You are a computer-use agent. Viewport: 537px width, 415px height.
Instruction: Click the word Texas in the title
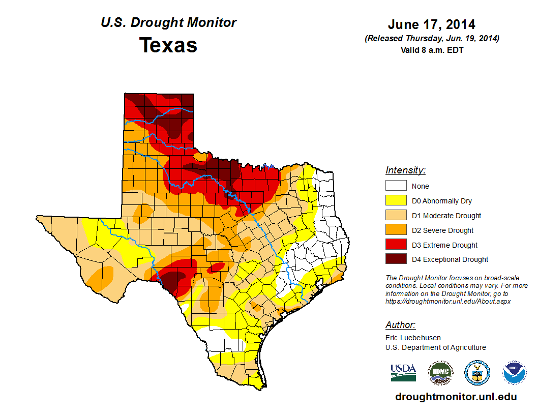point(168,45)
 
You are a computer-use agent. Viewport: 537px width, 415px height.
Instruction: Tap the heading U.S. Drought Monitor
point(168,23)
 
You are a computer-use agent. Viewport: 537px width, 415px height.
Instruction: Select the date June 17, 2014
point(431,24)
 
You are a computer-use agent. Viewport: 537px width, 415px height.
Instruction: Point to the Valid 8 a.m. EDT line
point(432,50)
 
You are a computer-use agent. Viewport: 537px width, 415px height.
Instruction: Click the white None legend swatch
point(396,186)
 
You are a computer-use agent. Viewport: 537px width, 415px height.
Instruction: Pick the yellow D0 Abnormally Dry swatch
point(396,201)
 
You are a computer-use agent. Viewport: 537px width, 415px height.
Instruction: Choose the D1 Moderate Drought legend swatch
point(396,216)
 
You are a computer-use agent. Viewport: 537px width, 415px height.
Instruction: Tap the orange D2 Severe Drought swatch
point(396,230)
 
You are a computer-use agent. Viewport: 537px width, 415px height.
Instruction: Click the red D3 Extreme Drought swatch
point(396,245)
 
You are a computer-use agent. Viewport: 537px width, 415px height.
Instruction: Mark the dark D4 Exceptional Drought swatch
point(396,259)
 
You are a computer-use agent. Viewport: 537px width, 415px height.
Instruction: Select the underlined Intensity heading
point(405,170)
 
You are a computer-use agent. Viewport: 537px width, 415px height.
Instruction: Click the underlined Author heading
point(400,325)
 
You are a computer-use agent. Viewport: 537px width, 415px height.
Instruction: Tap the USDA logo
point(403,372)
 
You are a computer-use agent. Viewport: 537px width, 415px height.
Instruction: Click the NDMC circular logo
point(440,373)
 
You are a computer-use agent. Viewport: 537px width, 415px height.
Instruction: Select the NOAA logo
point(514,373)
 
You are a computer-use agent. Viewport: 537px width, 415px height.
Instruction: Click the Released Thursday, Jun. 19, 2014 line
point(432,39)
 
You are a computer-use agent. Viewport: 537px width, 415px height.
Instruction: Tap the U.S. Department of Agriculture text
point(436,347)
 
